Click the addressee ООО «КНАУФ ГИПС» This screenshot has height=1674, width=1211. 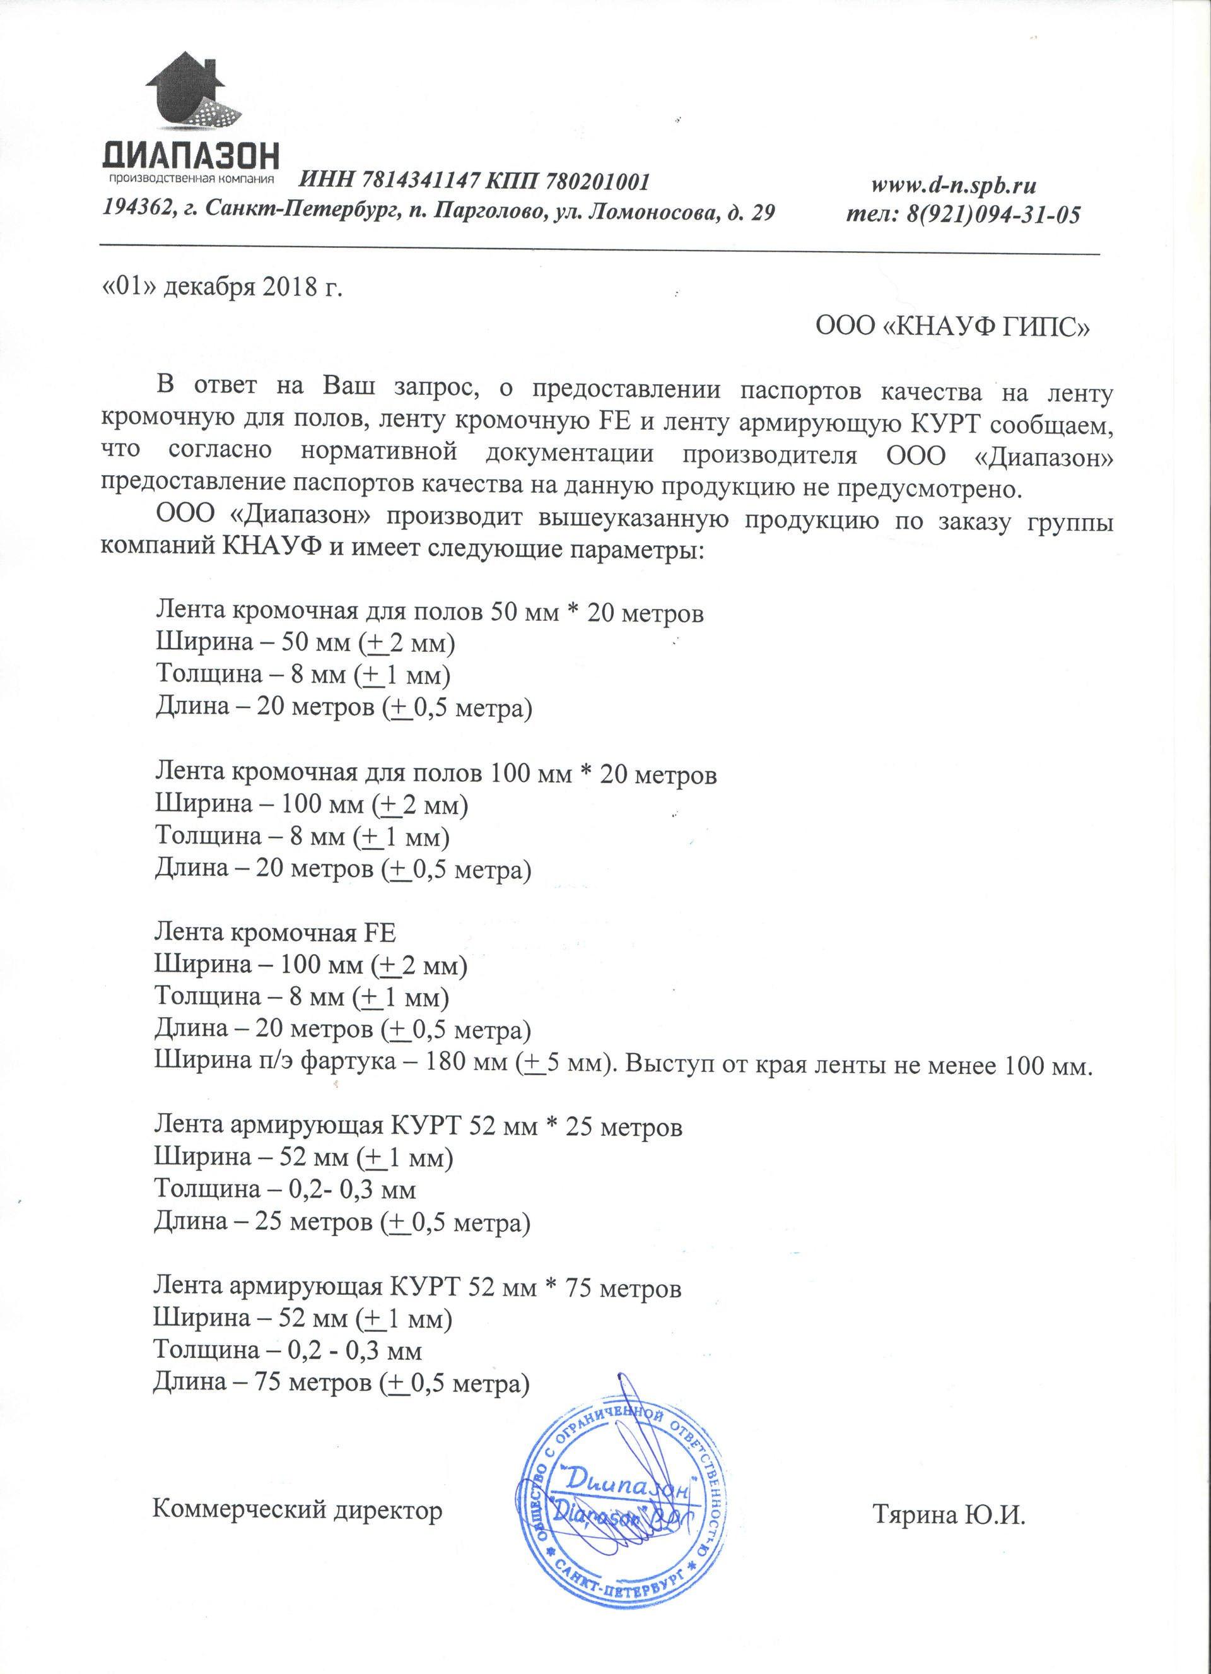tap(952, 326)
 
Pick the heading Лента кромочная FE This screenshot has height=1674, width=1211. tap(274, 933)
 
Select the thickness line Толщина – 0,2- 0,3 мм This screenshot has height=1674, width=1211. tap(285, 1189)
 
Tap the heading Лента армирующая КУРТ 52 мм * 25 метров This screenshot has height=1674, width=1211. tap(418, 1126)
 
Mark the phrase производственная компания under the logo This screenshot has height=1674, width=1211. tap(191, 178)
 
